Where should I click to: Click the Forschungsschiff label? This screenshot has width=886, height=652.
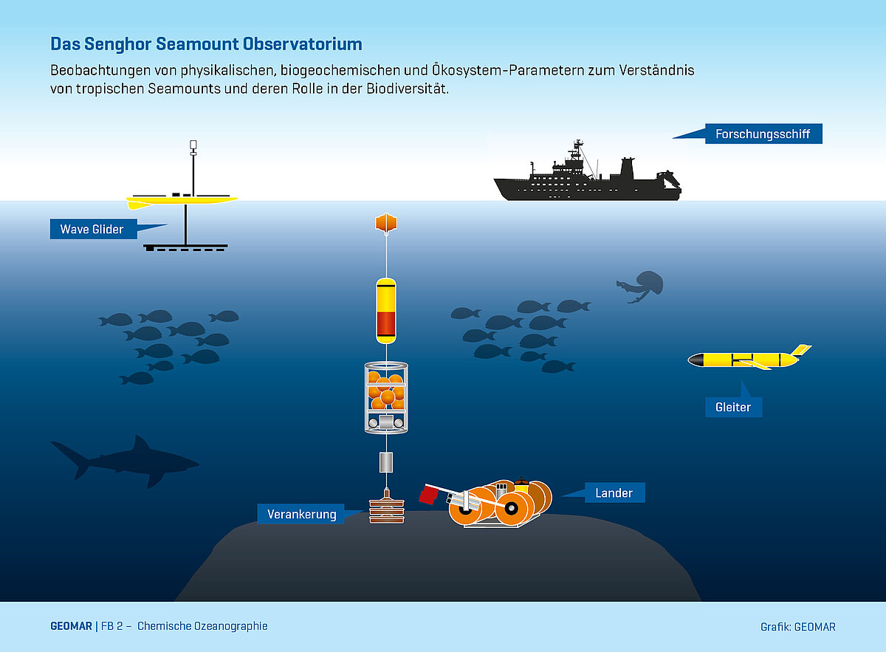click(763, 134)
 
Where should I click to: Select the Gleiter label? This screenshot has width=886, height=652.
click(732, 407)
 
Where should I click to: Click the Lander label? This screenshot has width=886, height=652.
click(614, 493)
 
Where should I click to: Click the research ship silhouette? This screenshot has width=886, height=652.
click(587, 182)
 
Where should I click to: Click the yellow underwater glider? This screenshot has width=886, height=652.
click(746, 360)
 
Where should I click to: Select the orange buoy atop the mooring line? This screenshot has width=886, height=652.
click(386, 222)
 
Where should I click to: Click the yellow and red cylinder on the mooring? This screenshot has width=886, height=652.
click(386, 311)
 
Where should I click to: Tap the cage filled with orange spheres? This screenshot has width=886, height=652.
click(386, 397)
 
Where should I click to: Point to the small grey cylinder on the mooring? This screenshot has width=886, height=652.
click(386, 463)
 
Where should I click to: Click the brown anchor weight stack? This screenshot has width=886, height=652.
click(386, 509)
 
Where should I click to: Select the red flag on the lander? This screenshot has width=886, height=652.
click(429, 493)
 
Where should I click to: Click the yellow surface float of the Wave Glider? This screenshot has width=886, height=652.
click(181, 199)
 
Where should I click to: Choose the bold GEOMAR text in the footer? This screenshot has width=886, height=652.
click(71, 626)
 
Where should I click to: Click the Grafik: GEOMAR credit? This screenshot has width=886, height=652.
click(797, 627)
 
